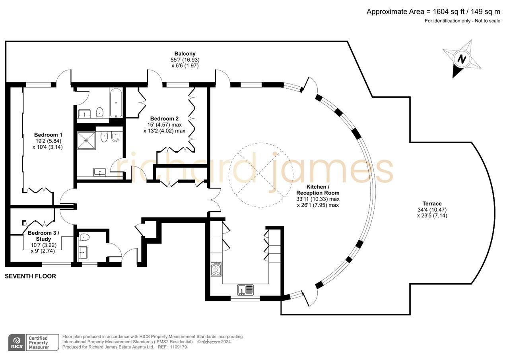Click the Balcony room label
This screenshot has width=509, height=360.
tap(185, 53)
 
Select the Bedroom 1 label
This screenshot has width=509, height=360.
tap(48, 134)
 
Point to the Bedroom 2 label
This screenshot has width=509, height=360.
tap(164, 119)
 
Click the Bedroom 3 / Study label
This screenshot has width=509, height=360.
tap(43, 236)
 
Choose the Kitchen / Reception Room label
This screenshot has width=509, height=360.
tap(318, 190)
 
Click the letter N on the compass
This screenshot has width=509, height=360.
tap(461, 59)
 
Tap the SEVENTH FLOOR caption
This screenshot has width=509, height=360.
tap(30, 276)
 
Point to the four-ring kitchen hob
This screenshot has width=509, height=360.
tap(216, 269)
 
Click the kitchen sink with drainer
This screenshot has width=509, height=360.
tap(245, 290)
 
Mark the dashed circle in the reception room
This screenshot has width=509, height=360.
tap(260, 175)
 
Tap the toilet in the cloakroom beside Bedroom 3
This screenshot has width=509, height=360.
tap(85, 237)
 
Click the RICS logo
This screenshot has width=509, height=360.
tap(17, 342)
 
